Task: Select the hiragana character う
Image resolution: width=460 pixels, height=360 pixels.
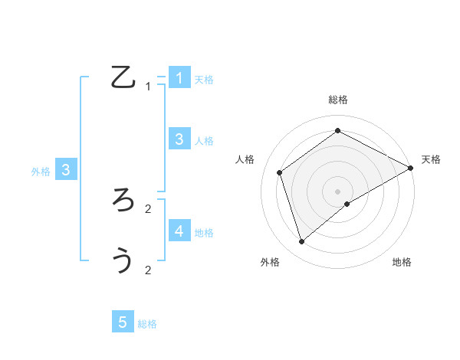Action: coord(123,260)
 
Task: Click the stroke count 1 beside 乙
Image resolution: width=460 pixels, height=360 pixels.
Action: coord(148,87)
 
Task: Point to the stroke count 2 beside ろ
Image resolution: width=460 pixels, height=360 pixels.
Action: coord(148,208)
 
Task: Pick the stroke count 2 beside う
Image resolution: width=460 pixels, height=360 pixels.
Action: coord(148,270)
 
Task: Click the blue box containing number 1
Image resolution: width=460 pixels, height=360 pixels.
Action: coord(179,77)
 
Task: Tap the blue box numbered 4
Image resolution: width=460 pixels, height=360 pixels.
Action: coord(179,231)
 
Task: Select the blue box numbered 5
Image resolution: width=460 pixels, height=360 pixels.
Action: coord(123,322)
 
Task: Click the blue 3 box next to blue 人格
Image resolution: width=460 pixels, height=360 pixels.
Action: coord(179,139)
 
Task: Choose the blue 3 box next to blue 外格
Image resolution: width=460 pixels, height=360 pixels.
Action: coord(66,170)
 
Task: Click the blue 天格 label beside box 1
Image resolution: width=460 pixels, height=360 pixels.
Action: coord(204,80)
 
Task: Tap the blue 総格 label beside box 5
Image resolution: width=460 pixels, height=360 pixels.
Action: coord(147,324)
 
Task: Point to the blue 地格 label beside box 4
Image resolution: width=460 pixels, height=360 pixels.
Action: coord(204,233)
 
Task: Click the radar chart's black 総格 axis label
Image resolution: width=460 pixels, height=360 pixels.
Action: coord(338,100)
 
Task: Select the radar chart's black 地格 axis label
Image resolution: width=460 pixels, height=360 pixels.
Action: coord(402,262)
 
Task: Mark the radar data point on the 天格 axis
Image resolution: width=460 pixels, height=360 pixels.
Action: coord(411,169)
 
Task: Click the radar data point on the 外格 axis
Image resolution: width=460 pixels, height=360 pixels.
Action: coord(302,242)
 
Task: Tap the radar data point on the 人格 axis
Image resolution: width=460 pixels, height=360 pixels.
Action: coord(280,172)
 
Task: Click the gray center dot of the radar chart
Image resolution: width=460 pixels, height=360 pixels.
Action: coord(338,191)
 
